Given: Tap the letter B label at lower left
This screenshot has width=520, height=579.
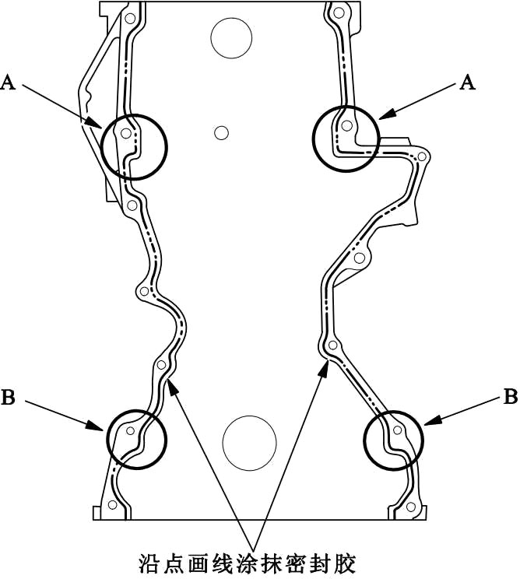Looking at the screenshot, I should (x=9, y=398).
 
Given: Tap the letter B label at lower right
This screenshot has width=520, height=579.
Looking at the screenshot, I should (x=511, y=398).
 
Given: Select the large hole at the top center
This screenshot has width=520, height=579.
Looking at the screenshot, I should (x=231, y=37).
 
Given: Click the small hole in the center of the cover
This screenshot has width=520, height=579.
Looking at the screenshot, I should (x=221, y=132).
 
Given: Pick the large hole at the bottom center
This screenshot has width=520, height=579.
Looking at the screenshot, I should (x=250, y=442).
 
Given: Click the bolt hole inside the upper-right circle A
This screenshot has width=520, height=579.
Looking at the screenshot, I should (x=346, y=125).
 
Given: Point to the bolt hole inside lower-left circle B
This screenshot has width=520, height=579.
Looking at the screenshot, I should (x=130, y=431).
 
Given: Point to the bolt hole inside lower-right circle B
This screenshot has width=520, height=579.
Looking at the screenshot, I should (x=398, y=430).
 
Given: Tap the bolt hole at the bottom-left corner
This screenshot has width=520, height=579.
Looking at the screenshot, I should (x=114, y=506).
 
